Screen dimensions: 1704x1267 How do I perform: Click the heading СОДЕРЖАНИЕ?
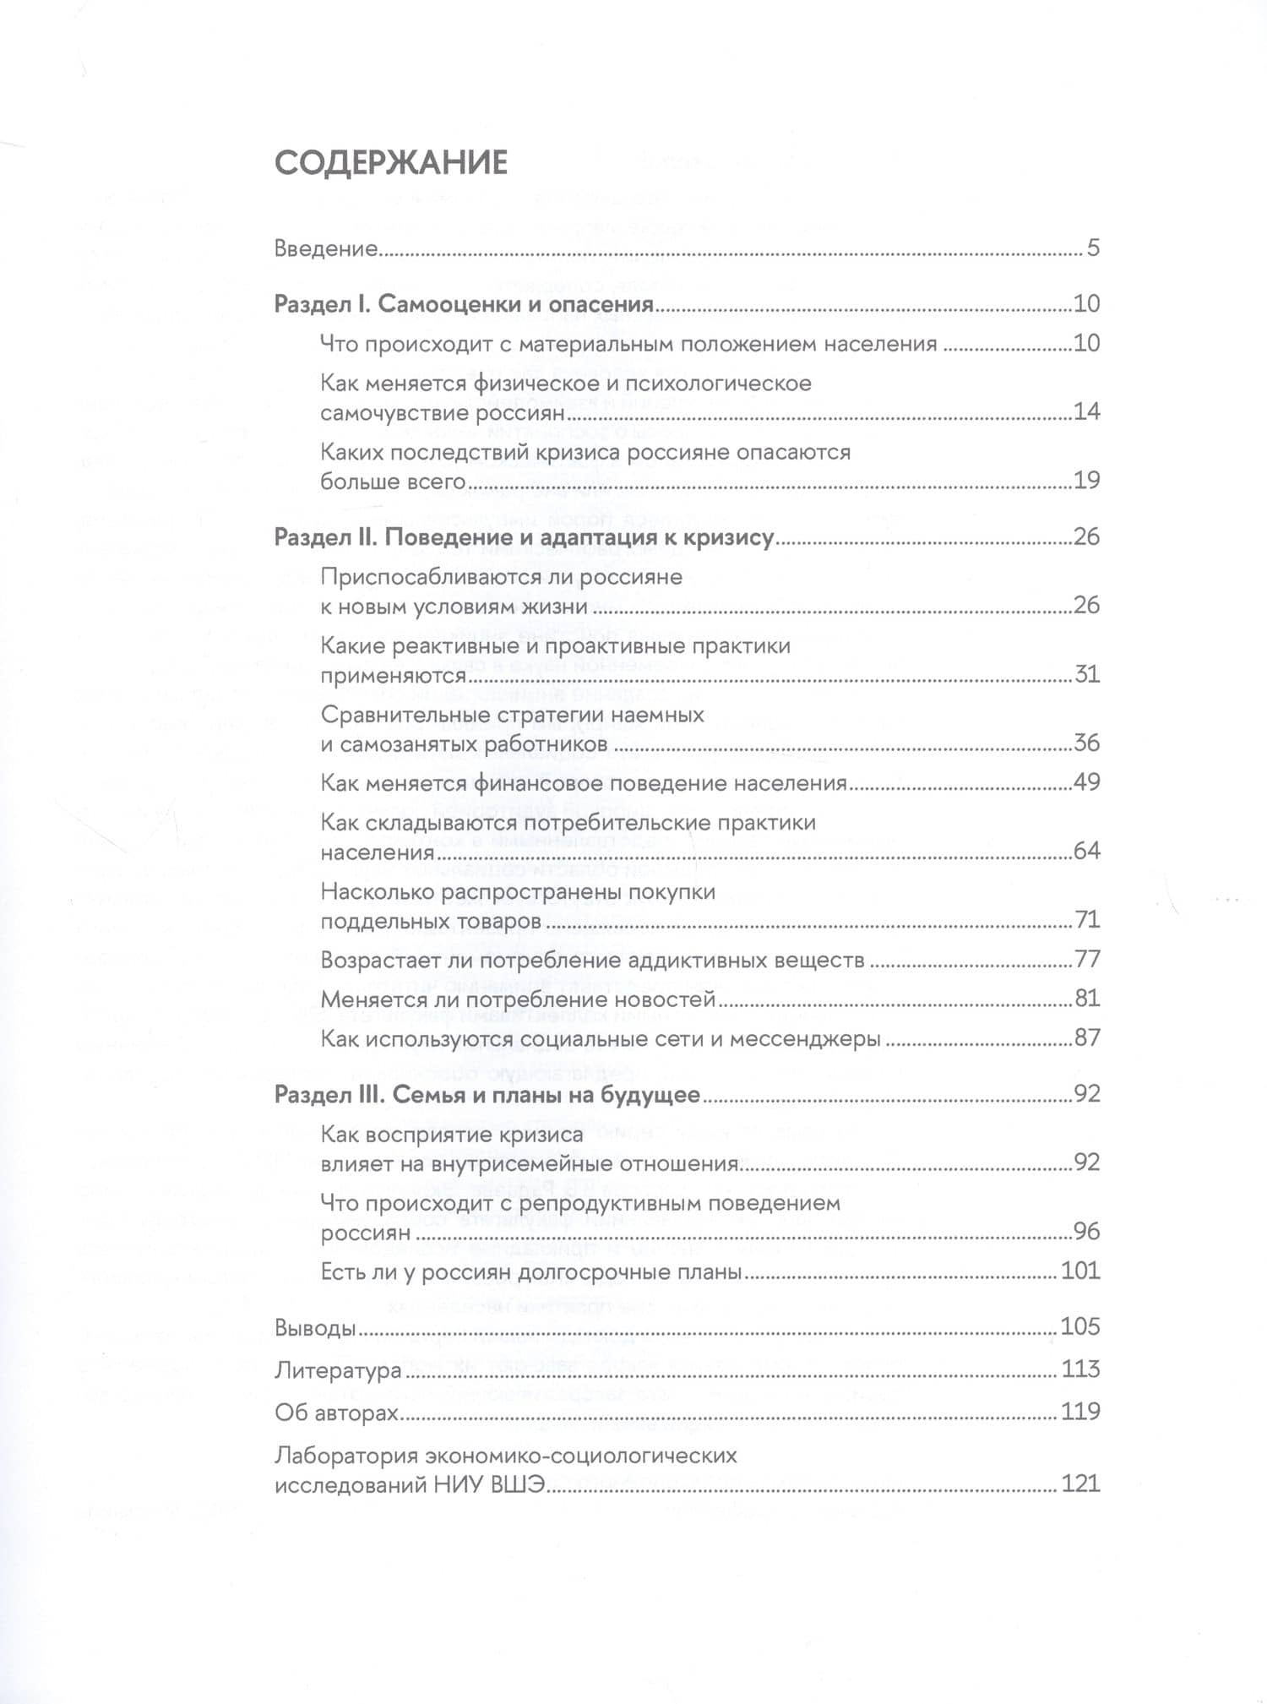pyautogui.click(x=391, y=163)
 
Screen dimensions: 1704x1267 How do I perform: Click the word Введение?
pyautogui.click(x=326, y=249)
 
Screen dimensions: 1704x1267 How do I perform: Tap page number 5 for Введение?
pyautogui.click(x=1093, y=249)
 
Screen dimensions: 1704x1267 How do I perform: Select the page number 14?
pyautogui.click(x=1086, y=412)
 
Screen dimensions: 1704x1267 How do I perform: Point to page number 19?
pyautogui.click(x=1086, y=481)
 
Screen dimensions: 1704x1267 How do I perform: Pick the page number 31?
pyautogui.click(x=1086, y=674)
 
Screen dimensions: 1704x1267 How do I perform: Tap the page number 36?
pyautogui.click(x=1086, y=743)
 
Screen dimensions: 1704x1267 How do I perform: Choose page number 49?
pyautogui.click(x=1086, y=782)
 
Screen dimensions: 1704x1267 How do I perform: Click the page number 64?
pyautogui.click(x=1086, y=851)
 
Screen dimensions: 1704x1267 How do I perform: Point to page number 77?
pyautogui.click(x=1086, y=960)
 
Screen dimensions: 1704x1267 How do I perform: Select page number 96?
pyautogui.click(x=1086, y=1231)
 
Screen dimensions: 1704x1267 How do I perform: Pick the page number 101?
pyautogui.click(x=1080, y=1271)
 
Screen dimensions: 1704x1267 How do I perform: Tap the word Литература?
pyautogui.click(x=338, y=1369)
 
